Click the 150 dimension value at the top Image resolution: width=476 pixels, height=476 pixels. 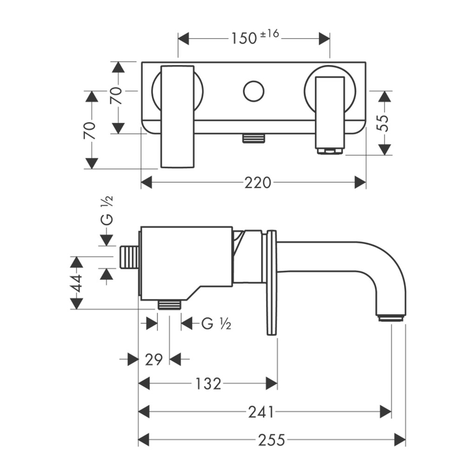point(244,39)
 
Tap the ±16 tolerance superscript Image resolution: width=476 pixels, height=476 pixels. point(269,33)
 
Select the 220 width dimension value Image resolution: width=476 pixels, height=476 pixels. point(258,183)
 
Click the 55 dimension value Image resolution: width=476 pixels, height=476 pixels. point(384,123)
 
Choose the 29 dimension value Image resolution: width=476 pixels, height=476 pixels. point(154,360)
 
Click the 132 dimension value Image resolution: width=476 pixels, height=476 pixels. point(208,384)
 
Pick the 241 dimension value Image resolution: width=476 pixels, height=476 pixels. point(261,412)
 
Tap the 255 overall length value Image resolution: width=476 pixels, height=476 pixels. point(271,440)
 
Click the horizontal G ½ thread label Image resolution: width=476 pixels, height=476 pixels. point(216,324)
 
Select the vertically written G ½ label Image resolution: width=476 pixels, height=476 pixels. point(107,210)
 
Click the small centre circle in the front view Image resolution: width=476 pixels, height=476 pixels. point(253,91)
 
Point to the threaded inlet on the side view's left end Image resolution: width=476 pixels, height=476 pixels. point(129,257)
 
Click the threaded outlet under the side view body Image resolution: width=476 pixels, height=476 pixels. point(169,304)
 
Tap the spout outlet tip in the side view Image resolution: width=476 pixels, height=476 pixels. point(390,318)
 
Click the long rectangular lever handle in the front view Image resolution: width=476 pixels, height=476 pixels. point(177,117)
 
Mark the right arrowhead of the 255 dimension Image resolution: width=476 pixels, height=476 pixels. point(400,440)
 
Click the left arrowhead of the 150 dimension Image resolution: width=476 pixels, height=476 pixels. point(184,39)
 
